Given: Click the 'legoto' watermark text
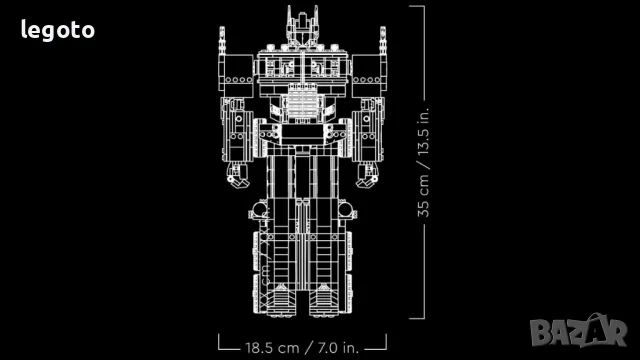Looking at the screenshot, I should click(x=58, y=30).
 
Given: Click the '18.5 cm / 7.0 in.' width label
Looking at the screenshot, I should click(x=302, y=348).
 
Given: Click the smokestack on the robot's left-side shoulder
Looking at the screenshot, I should click(x=222, y=46).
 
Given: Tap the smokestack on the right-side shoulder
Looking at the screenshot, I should click(x=382, y=46).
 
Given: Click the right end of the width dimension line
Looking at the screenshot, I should click(x=386, y=347).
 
